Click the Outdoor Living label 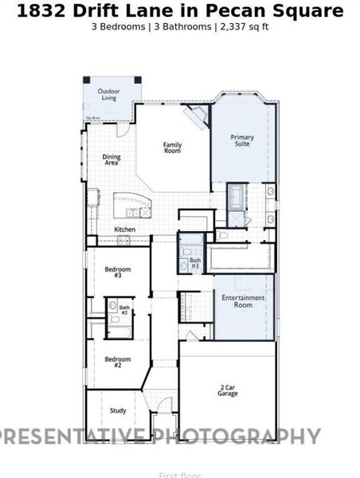coord(108,95)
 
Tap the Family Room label coord(172,147)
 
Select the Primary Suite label coord(242,141)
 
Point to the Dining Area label coord(112,159)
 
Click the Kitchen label coord(125,229)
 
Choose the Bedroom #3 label coord(118,272)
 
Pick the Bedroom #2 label coord(118,361)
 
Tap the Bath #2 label coord(124,310)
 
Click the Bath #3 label coord(195,262)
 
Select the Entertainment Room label coord(243,300)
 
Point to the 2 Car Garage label coord(228,390)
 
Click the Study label coord(118,411)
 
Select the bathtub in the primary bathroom coord(237,196)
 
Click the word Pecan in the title coord(237,10)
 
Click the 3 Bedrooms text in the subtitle coord(119,26)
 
